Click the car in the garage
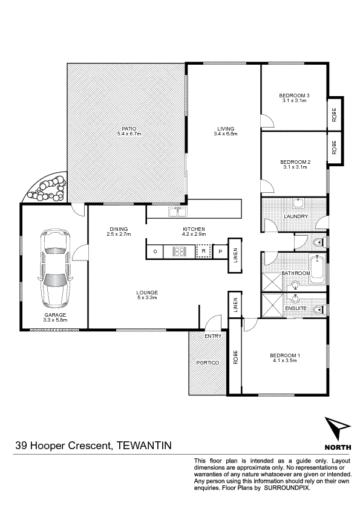coord(54,268)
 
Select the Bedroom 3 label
coord(294,96)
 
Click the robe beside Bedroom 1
coord(235,357)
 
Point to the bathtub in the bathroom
coord(317,270)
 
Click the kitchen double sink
coord(177,212)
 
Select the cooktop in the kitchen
coord(179,251)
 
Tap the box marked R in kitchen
coord(203,251)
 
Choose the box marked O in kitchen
coord(155,251)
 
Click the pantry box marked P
coord(220,251)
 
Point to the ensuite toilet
coord(320,310)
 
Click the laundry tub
coord(298,204)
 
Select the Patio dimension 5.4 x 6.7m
coord(129,134)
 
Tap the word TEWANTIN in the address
coord(143,445)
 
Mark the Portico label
coord(208,363)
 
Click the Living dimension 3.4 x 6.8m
coord(226,134)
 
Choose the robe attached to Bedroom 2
coord(335,147)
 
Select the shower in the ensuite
coord(272,305)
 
